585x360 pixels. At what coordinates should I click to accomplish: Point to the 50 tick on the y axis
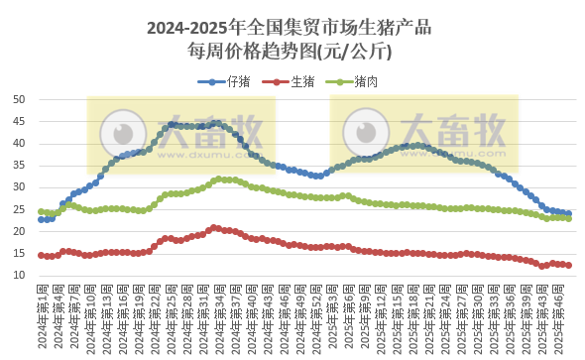click(x=20, y=99)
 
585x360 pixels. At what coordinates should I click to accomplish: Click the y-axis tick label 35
click(x=20, y=165)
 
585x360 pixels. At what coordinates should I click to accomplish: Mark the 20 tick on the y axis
click(x=20, y=231)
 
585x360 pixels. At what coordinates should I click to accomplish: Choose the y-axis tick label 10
click(x=20, y=275)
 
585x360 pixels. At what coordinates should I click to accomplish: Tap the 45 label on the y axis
click(x=20, y=121)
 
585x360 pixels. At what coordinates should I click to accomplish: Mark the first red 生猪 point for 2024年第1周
click(x=41, y=255)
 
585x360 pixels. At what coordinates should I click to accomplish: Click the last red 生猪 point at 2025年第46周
click(x=568, y=265)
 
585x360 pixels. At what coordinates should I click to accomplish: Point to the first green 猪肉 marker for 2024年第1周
click(x=41, y=211)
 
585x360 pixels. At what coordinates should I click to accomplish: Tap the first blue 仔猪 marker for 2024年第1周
click(x=41, y=219)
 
